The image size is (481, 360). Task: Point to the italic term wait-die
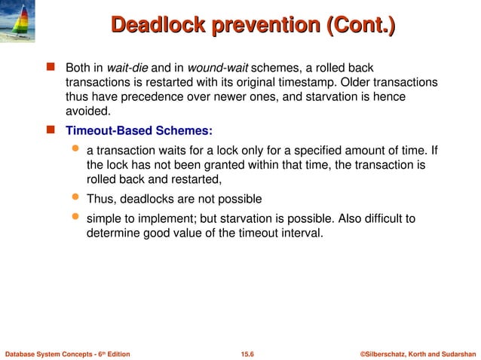coord(129,68)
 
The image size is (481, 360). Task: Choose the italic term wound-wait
coord(214,68)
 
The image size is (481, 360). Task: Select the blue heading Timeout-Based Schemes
coord(139,129)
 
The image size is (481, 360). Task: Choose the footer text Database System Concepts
coord(51,353)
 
